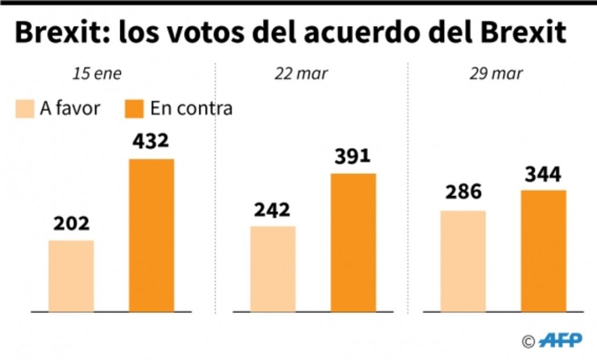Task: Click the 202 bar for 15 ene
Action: click(x=71, y=276)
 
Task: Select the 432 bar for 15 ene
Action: click(x=151, y=235)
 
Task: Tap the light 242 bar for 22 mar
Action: click(x=272, y=269)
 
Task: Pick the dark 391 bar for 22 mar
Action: click(x=353, y=243)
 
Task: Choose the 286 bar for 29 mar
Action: click(x=463, y=261)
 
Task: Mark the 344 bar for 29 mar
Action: click(x=543, y=251)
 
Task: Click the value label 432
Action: click(x=150, y=141)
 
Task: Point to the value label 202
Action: click(x=71, y=224)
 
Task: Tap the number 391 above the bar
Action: click(x=352, y=157)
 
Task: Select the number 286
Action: click(x=463, y=193)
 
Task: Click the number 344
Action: click(x=542, y=174)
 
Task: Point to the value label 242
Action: click(x=272, y=209)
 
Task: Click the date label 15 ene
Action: click(x=97, y=74)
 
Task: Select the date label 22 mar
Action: click(x=301, y=74)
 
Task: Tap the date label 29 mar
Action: click(x=497, y=74)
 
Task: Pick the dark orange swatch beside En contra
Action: click(x=134, y=109)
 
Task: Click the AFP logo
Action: click(x=560, y=341)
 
